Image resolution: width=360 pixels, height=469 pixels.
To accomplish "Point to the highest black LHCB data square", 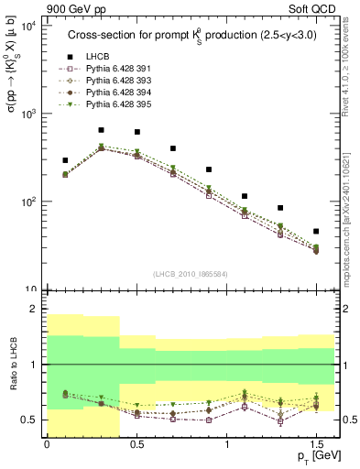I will coord(101,130).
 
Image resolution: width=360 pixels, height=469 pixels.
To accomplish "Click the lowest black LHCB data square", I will coord(316,231).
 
